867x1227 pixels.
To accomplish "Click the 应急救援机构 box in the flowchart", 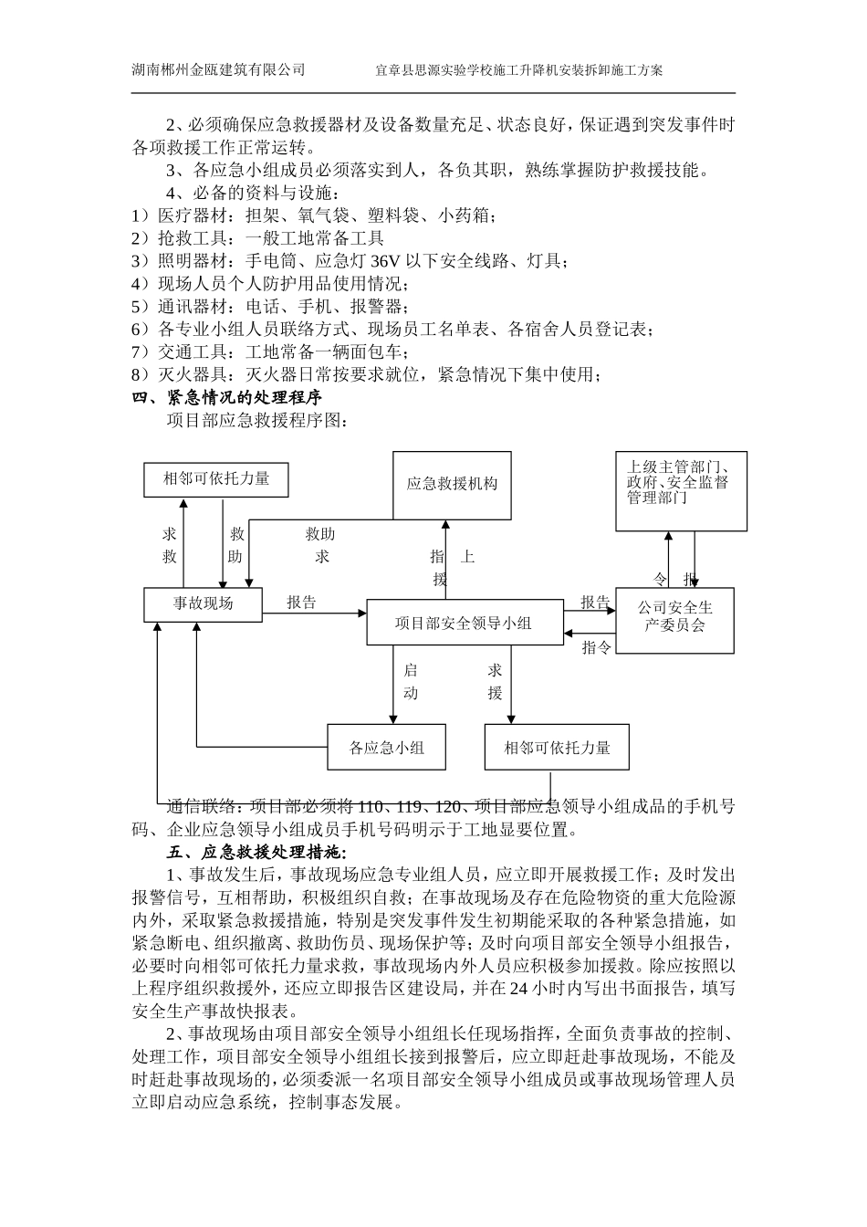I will pyautogui.click(x=452, y=484).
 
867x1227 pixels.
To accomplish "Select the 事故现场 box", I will pyautogui.click(x=203, y=603).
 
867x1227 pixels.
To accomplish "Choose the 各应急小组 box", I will pyautogui.click(x=386, y=748).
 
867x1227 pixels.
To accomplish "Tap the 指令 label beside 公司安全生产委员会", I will pyautogui.click(x=597, y=647).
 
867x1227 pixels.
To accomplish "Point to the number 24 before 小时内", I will pyautogui.click(x=517, y=989).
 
